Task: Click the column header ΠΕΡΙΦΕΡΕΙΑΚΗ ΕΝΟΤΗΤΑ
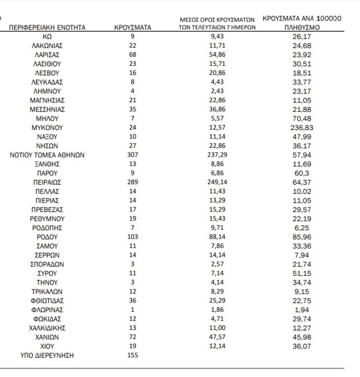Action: (48, 28)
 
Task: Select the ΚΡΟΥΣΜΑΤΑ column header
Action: (132, 28)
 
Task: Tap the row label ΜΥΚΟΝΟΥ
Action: (48, 128)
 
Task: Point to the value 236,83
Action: (302, 128)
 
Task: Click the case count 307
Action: (132, 155)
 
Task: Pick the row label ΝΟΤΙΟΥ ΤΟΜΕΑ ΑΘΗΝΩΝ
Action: (48, 155)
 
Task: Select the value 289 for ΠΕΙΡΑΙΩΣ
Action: (132, 182)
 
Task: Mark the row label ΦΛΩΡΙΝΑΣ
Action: (48, 309)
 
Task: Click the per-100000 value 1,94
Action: (302, 309)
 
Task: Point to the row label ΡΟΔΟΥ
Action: (48, 236)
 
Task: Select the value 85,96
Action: (302, 236)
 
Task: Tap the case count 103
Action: (132, 236)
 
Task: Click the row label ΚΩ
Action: (48, 37)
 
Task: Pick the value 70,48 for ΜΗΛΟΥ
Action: (302, 118)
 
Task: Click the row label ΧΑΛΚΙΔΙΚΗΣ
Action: (48, 327)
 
